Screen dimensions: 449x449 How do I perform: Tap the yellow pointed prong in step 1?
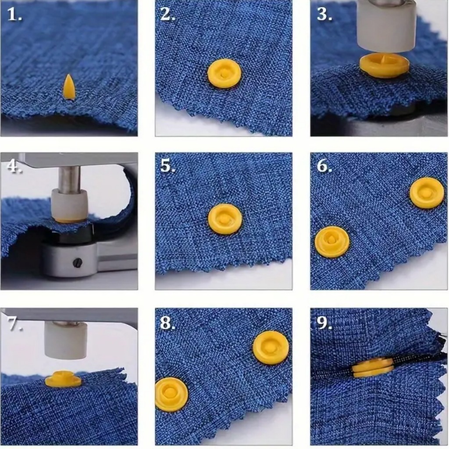69,87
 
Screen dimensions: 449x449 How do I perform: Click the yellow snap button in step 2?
224,73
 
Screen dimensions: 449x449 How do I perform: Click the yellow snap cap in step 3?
384,66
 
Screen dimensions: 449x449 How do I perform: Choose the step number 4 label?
14,166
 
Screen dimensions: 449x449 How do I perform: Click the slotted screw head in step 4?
78,262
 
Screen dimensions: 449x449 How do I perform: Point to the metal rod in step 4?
69,178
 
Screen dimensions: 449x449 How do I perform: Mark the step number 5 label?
168,166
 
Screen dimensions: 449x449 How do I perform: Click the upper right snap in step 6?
427,193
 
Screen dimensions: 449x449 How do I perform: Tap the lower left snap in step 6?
332,242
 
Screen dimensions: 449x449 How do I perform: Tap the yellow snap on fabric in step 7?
63,379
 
